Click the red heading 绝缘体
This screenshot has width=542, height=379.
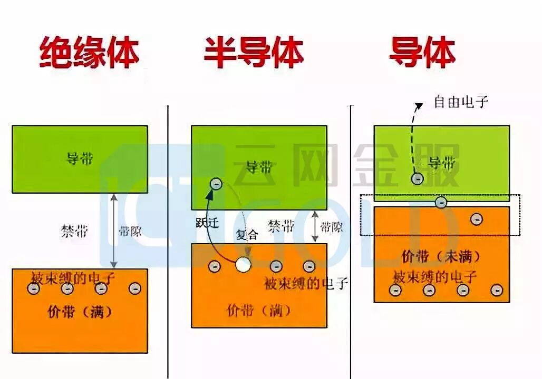point(90,53)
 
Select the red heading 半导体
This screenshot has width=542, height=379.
point(254,53)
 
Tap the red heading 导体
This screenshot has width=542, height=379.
point(422,53)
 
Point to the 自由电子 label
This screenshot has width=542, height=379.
point(461,102)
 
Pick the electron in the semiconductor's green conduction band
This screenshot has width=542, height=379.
point(216,184)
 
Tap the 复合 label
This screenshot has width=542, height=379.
point(247,235)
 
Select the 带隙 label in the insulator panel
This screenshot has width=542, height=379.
point(130,231)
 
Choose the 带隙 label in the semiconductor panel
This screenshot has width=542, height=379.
point(332,227)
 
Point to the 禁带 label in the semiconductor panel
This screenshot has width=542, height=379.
point(281,227)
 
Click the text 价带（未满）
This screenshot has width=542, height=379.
point(441,257)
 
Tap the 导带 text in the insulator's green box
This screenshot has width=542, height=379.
point(80,158)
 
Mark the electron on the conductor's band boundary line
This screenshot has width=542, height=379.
point(441,202)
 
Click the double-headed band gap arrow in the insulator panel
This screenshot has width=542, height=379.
point(114,231)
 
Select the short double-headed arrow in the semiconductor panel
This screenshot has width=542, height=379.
point(315,227)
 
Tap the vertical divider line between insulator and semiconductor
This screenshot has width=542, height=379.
point(168,237)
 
